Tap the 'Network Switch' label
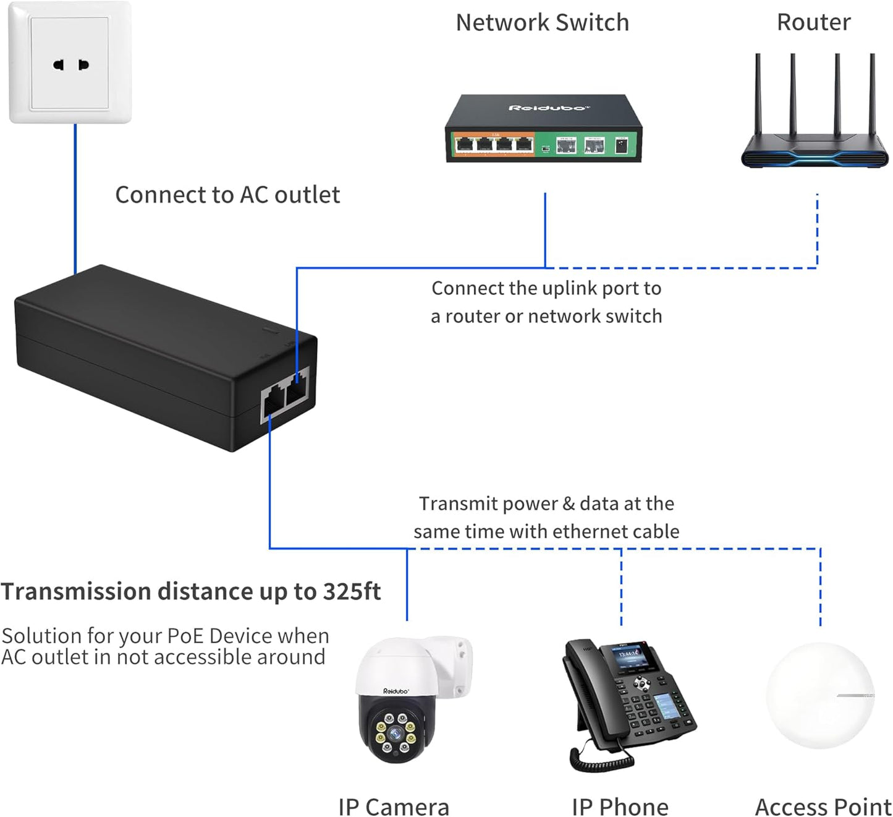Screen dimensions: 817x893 point(542,23)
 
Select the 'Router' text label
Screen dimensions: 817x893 point(813,23)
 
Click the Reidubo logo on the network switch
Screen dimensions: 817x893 point(546,108)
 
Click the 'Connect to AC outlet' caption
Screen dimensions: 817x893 point(227,195)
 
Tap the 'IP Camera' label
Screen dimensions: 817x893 point(394,806)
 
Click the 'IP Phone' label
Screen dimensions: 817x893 point(620,806)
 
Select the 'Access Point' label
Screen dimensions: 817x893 point(823,806)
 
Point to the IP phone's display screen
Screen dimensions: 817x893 point(630,658)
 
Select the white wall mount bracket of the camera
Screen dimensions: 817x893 point(454,665)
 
